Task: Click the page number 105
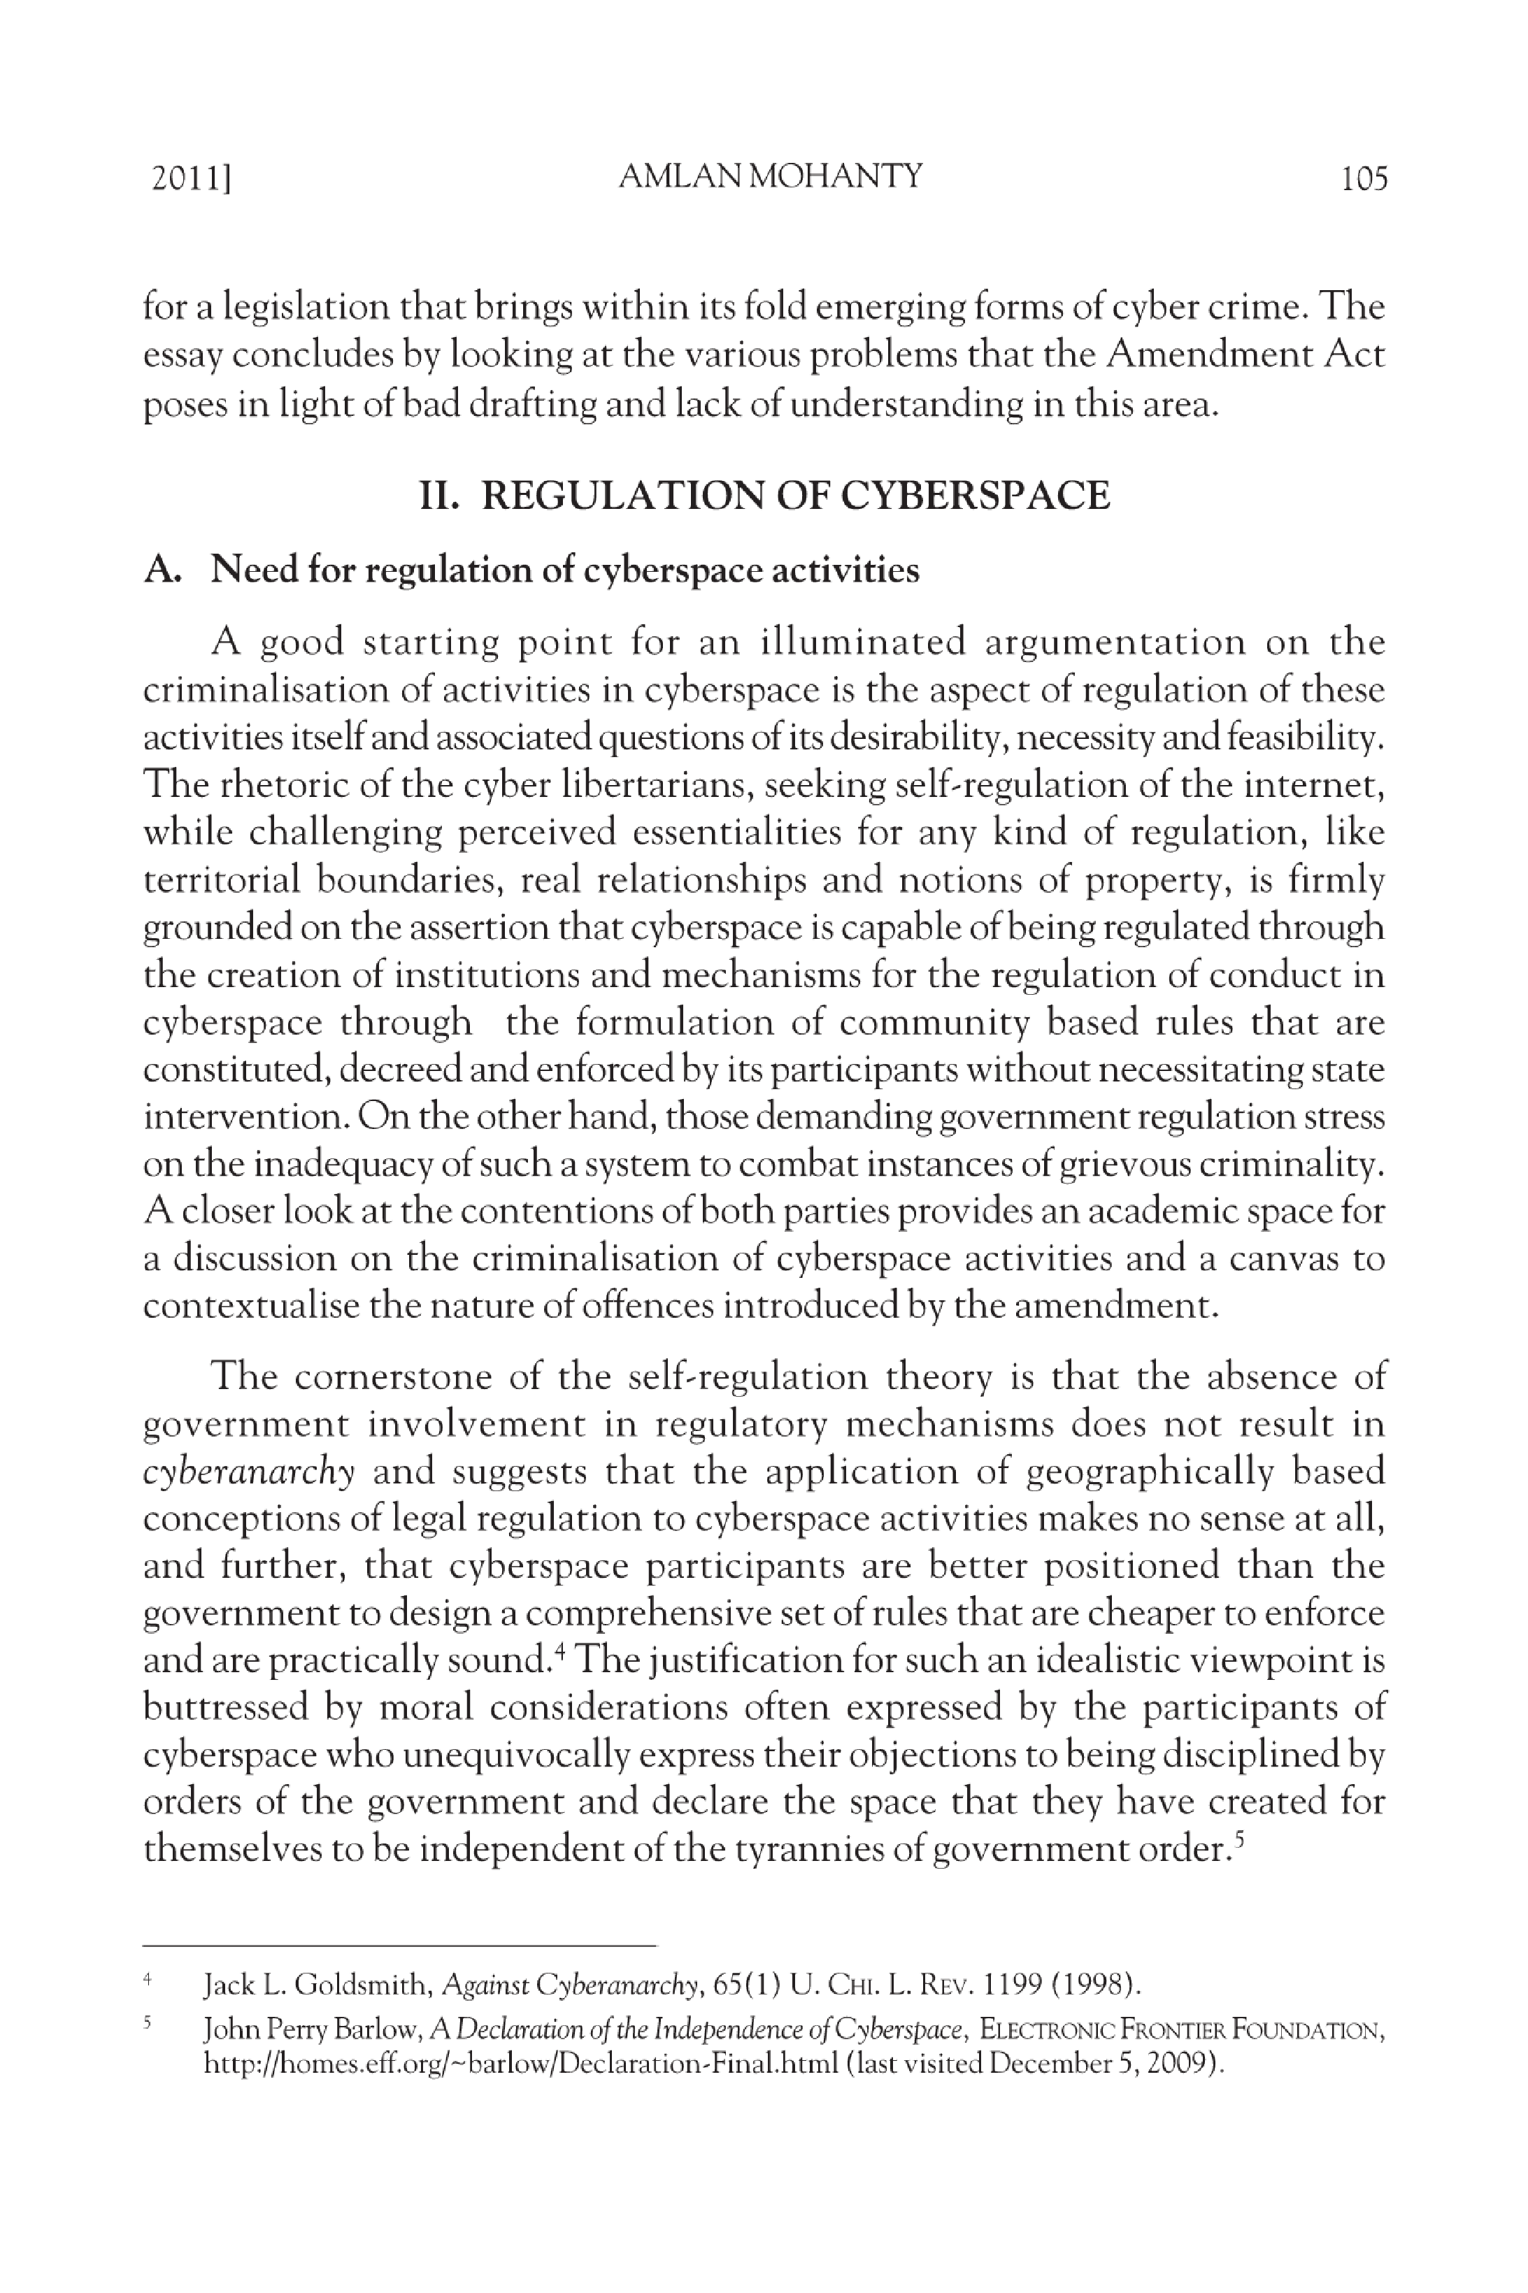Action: click(1363, 178)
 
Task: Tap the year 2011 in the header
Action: click(191, 179)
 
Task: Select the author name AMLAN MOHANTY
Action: click(770, 176)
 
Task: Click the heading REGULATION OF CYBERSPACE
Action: click(795, 495)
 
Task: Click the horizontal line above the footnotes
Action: click(399, 1946)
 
